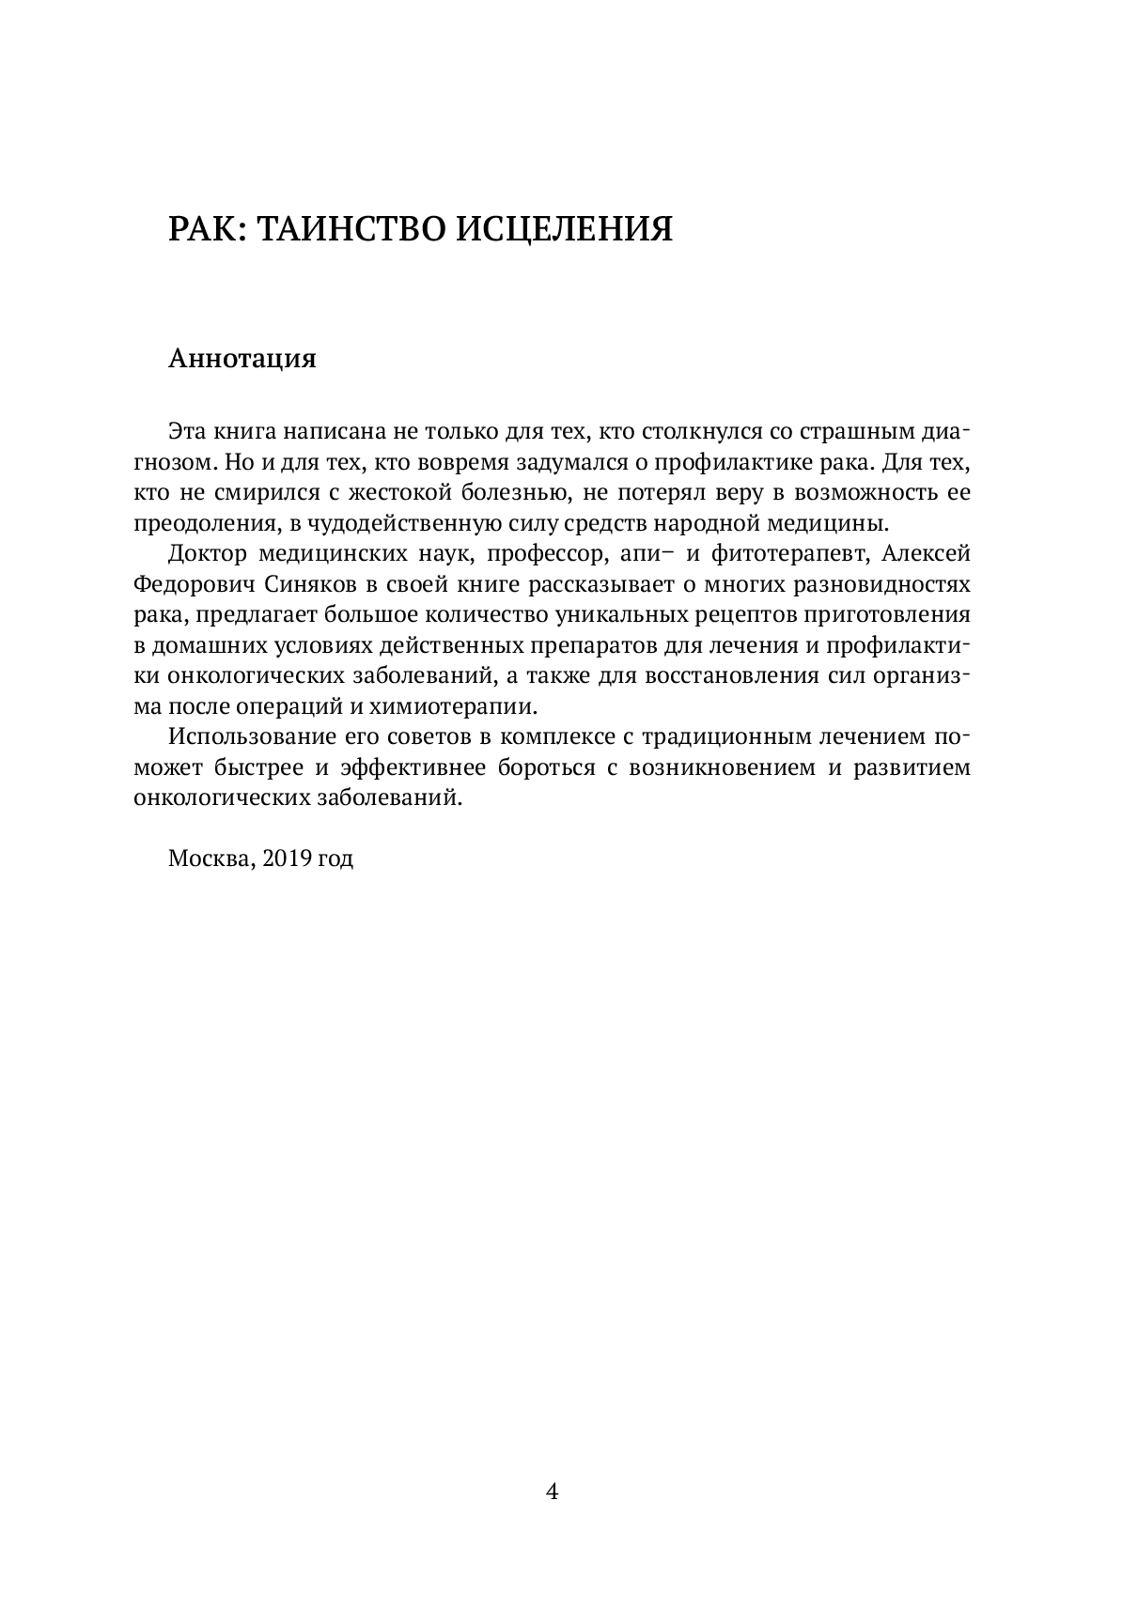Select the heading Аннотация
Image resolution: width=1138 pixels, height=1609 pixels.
pyautogui.click(x=242, y=359)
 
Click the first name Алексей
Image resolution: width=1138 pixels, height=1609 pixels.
pyautogui.click(x=927, y=554)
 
